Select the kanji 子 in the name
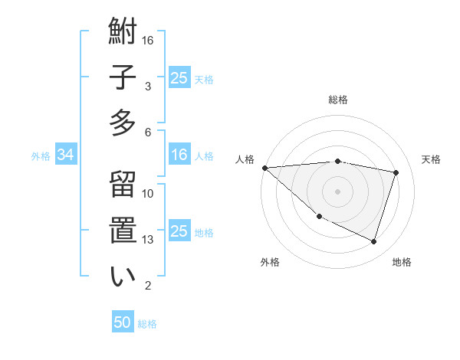pyautogui.click(x=123, y=78)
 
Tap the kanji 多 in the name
pyautogui.click(x=123, y=123)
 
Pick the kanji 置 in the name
pyautogui.click(x=123, y=231)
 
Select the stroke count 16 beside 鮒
pyautogui.click(x=149, y=40)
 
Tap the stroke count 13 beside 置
pyautogui.click(x=149, y=240)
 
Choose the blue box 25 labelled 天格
pyautogui.click(x=179, y=77)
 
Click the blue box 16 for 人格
pyautogui.click(x=179, y=155)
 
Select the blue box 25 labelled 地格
pyautogui.click(x=179, y=231)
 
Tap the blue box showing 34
pyautogui.click(x=65, y=155)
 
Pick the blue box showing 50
pyautogui.click(x=123, y=322)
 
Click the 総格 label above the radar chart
pyautogui.click(x=338, y=100)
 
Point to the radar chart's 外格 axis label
pyautogui.click(x=270, y=262)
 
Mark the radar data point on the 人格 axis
pyautogui.click(x=264, y=168)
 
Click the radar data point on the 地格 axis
pyautogui.click(x=373, y=241)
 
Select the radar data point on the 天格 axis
pyautogui.click(x=396, y=172)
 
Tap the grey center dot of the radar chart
pyautogui.click(x=337, y=191)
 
